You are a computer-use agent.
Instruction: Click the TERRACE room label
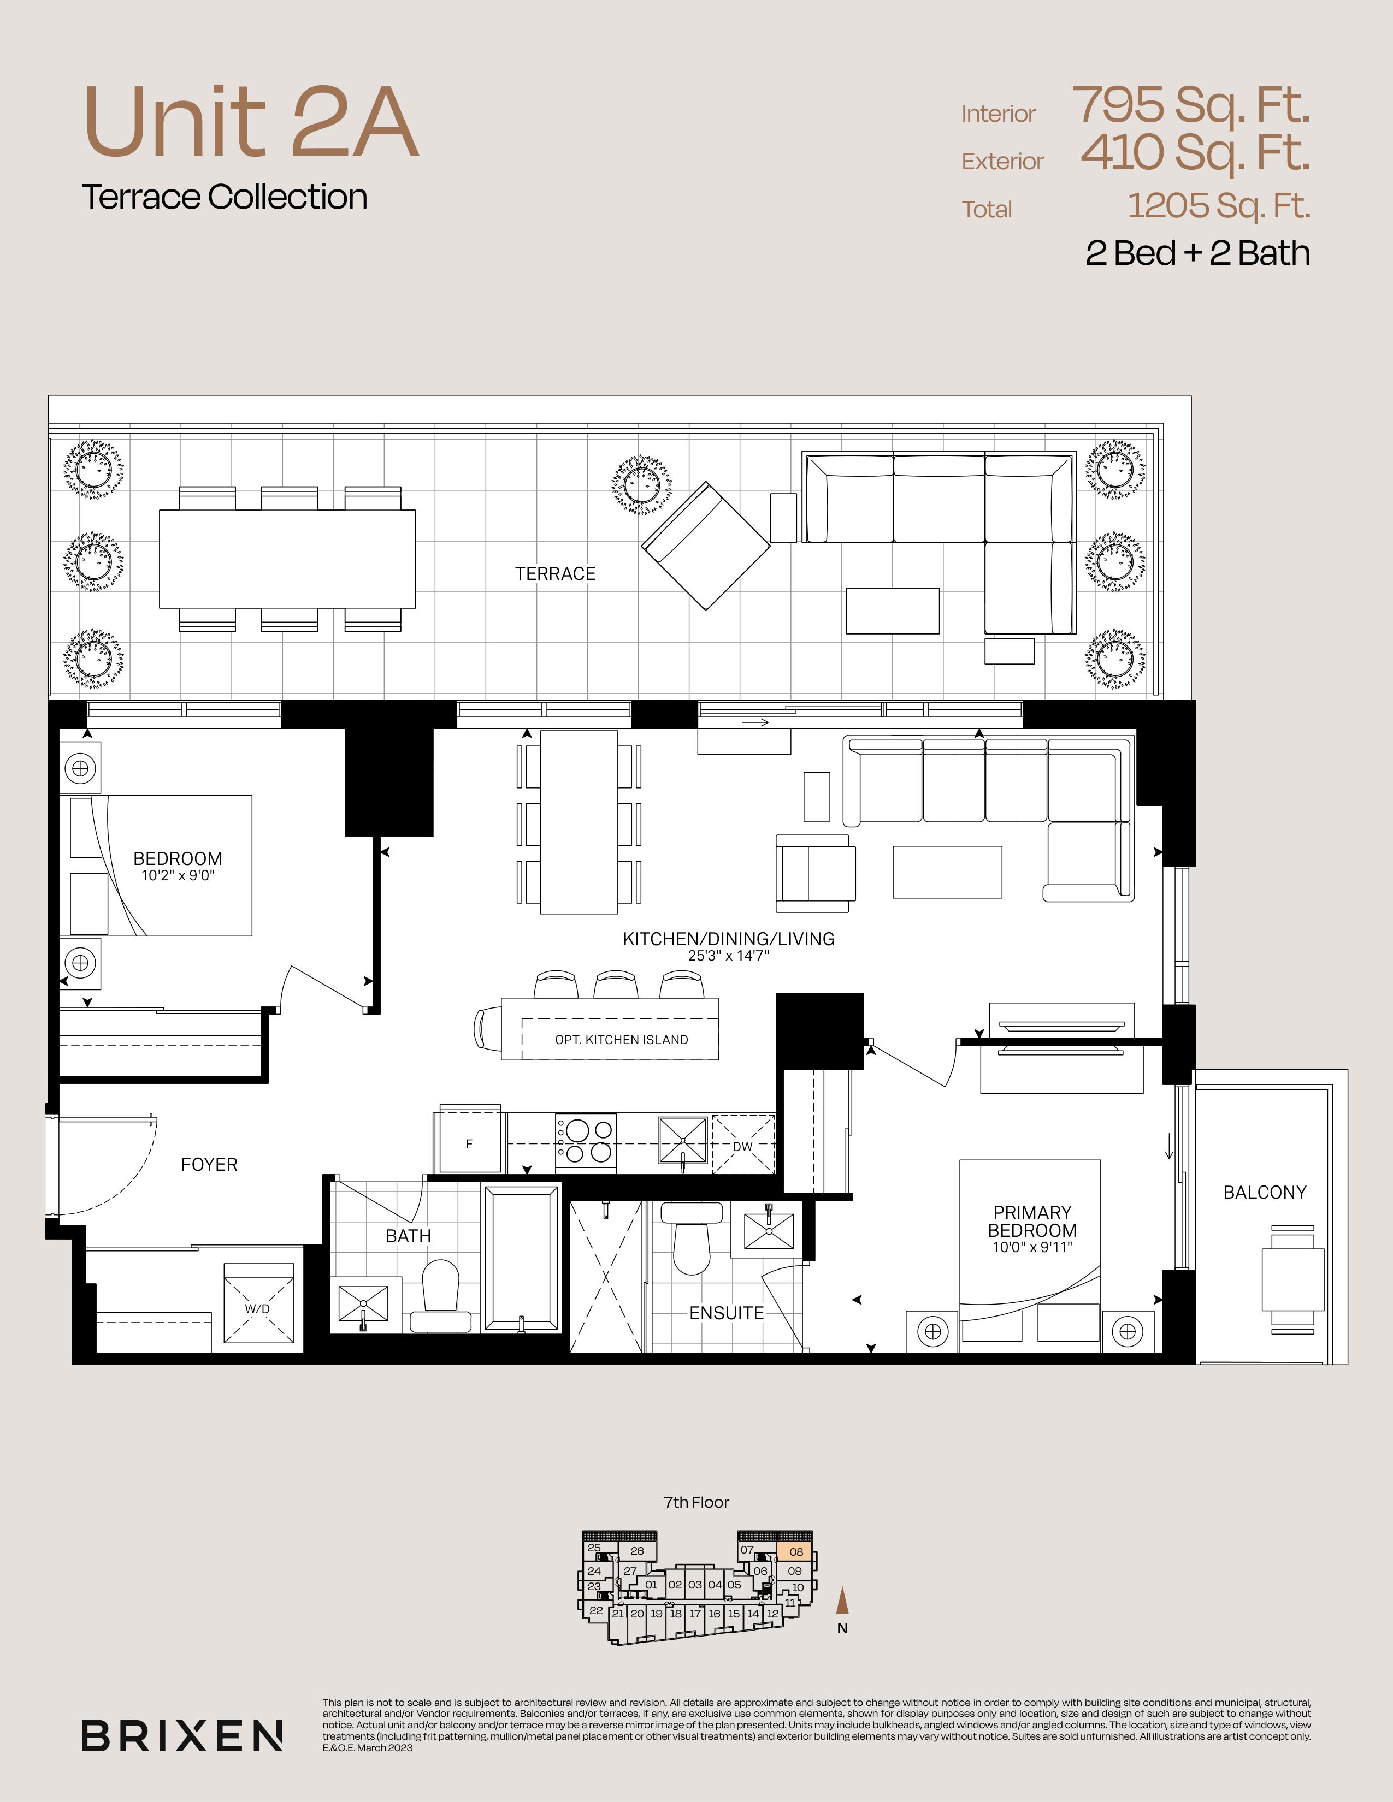pyautogui.click(x=556, y=573)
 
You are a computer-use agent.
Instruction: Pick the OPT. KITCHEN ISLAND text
pyautogui.click(x=622, y=1040)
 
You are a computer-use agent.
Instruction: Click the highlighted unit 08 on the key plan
pyautogui.click(x=795, y=1552)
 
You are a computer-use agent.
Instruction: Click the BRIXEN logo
pyautogui.click(x=182, y=1736)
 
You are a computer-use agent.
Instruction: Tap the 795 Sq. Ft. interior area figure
pyautogui.click(x=1191, y=105)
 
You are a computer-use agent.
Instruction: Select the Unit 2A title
pyautogui.click(x=251, y=122)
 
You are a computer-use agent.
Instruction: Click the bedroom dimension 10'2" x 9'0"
pyautogui.click(x=178, y=875)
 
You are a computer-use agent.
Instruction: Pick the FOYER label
pyautogui.click(x=209, y=1164)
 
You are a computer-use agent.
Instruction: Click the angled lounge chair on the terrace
pyautogui.click(x=706, y=546)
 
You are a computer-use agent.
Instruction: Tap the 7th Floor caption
pyautogui.click(x=696, y=1503)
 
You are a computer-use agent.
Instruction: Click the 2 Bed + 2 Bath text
pyautogui.click(x=1197, y=253)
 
